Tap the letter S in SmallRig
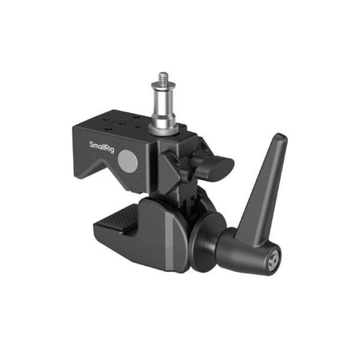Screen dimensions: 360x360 coord(91,145)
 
